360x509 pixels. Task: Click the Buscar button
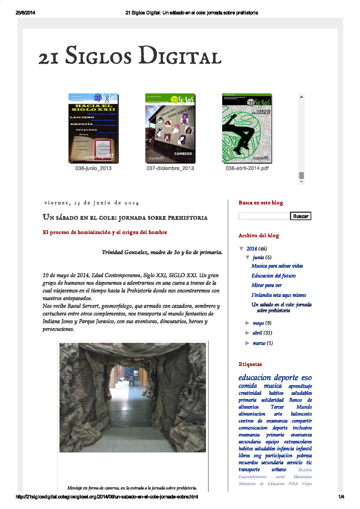pos(301,216)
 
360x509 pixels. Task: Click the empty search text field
pos(264,216)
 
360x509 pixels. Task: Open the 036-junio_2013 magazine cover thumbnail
pos(93,128)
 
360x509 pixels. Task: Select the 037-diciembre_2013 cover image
pos(170,128)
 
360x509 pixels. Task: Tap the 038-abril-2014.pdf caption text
pos(247,168)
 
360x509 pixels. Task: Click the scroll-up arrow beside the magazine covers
pos(301,97)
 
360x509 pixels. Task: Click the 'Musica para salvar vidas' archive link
pos(277,266)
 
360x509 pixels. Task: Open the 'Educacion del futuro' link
pos(273,276)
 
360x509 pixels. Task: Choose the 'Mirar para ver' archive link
pos(266,285)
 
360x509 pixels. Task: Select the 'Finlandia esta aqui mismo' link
pos(278,295)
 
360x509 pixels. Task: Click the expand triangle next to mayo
pos(247,323)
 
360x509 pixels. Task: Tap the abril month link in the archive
pos(257,333)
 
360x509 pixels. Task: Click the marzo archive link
pos(259,343)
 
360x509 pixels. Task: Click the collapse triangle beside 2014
pos(241,249)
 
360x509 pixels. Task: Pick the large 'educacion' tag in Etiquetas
pos(254,378)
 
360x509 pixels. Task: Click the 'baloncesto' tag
pos(301,414)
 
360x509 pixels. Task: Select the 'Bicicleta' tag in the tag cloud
pos(305,470)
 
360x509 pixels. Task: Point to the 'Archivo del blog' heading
pos(258,236)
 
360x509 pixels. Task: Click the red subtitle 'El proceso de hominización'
pos(104,232)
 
